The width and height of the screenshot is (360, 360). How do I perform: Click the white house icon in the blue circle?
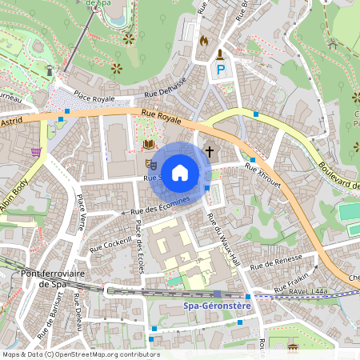[180, 172]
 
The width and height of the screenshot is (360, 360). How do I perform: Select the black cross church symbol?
[210, 150]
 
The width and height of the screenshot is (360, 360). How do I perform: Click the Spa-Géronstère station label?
[218, 306]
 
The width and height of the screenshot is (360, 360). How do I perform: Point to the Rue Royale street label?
[161, 117]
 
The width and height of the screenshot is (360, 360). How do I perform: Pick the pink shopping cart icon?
[35, 151]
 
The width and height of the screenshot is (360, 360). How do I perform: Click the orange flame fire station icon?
[203, 40]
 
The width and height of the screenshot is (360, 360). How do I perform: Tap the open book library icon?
[148, 145]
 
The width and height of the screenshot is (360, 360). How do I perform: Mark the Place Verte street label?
[81, 210]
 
